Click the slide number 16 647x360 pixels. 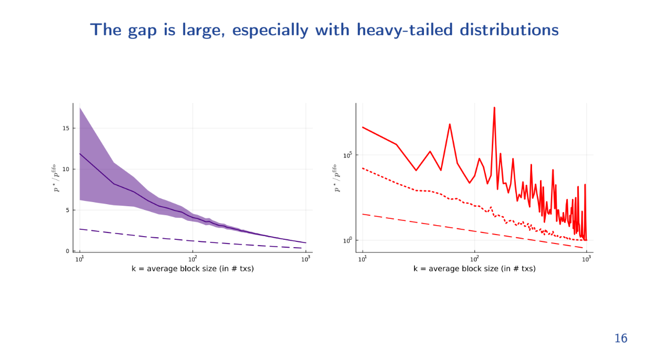(x=620, y=338)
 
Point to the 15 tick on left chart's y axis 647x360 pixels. (x=66, y=128)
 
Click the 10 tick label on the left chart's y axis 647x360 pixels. (x=66, y=169)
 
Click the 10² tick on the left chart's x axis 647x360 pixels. (x=193, y=259)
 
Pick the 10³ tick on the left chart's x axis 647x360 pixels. (x=305, y=259)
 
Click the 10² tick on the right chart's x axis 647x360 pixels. (x=475, y=259)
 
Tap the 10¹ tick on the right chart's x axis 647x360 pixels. (x=363, y=259)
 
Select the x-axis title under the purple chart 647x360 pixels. (x=193, y=269)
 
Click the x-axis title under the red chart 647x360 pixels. (x=474, y=269)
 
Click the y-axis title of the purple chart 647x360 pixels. (x=55, y=177)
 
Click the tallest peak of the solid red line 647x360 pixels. (x=494, y=108)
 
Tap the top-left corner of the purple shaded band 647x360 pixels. (x=80, y=108)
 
